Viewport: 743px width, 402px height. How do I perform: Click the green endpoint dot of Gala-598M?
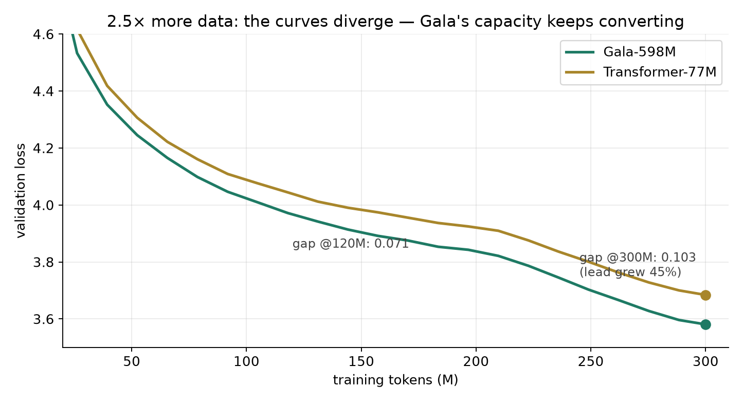(x=705, y=324)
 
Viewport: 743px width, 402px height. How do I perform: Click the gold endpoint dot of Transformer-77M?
(x=705, y=295)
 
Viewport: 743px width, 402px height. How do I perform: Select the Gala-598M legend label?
(x=639, y=52)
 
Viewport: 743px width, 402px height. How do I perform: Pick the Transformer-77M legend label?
(x=660, y=72)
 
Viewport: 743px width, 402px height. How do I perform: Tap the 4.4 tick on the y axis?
(x=44, y=91)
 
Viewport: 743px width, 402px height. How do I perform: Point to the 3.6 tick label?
(x=44, y=319)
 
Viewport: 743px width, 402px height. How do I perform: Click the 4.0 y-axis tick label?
(x=44, y=205)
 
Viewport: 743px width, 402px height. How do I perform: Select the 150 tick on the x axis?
(x=361, y=361)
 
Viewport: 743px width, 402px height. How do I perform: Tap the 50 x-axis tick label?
(x=132, y=361)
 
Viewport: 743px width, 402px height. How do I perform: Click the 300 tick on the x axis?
(x=705, y=361)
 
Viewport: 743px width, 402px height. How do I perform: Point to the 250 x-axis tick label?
(x=591, y=361)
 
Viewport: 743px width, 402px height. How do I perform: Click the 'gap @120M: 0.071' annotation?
(x=351, y=244)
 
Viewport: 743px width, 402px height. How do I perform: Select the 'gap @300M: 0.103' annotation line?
(x=638, y=258)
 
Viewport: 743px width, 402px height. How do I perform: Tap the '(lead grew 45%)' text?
(x=630, y=272)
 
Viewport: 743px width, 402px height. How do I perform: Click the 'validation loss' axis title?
(x=21, y=191)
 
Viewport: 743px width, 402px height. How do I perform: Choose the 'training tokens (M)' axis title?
(x=395, y=380)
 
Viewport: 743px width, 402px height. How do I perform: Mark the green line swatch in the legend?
(x=580, y=52)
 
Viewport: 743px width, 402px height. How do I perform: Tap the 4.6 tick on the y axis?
(x=44, y=34)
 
